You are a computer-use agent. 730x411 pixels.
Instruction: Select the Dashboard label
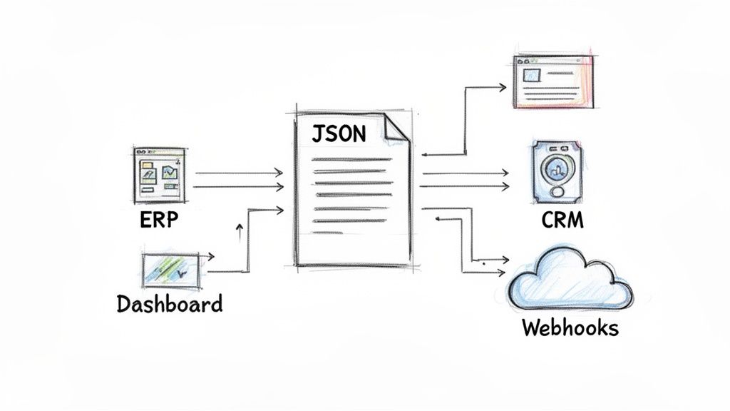[169, 304]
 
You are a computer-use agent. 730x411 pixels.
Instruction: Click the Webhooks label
[570, 328]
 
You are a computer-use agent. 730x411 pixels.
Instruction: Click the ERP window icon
[158, 176]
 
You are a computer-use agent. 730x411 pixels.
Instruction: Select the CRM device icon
[557, 171]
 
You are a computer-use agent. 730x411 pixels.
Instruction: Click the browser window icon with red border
[553, 81]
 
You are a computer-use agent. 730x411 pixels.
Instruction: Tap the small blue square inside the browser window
[531, 74]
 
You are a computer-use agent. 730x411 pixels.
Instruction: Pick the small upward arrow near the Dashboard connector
[240, 226]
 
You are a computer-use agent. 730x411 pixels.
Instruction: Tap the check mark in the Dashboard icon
[182, 273]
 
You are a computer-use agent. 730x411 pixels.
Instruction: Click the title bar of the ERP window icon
[158, 152]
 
